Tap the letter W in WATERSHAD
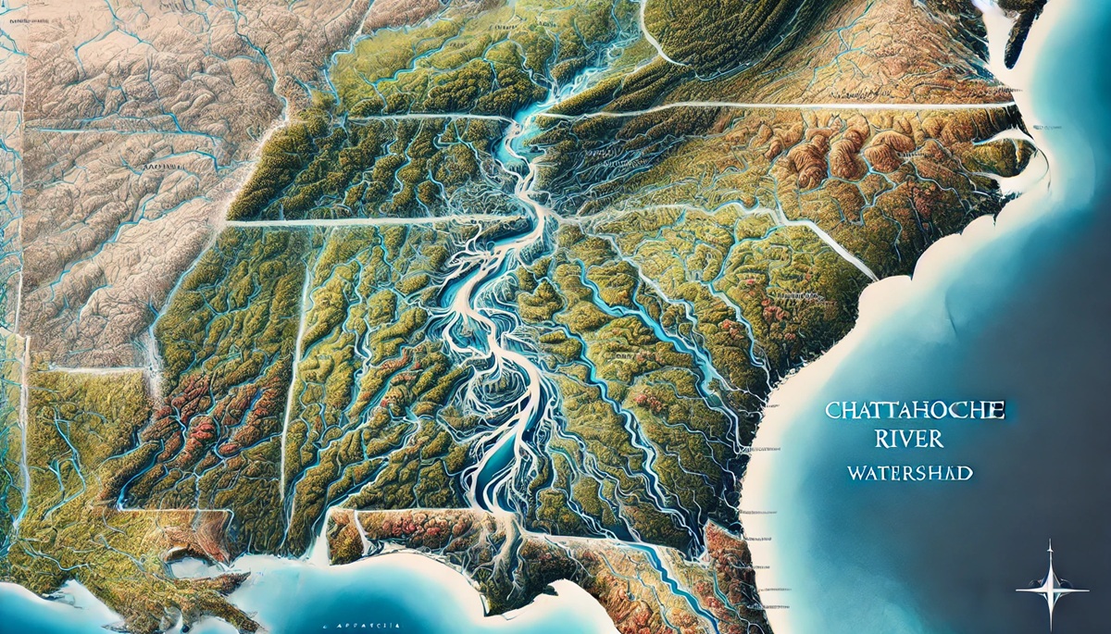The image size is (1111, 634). [855, 473]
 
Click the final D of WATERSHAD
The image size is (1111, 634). [966, 473]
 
